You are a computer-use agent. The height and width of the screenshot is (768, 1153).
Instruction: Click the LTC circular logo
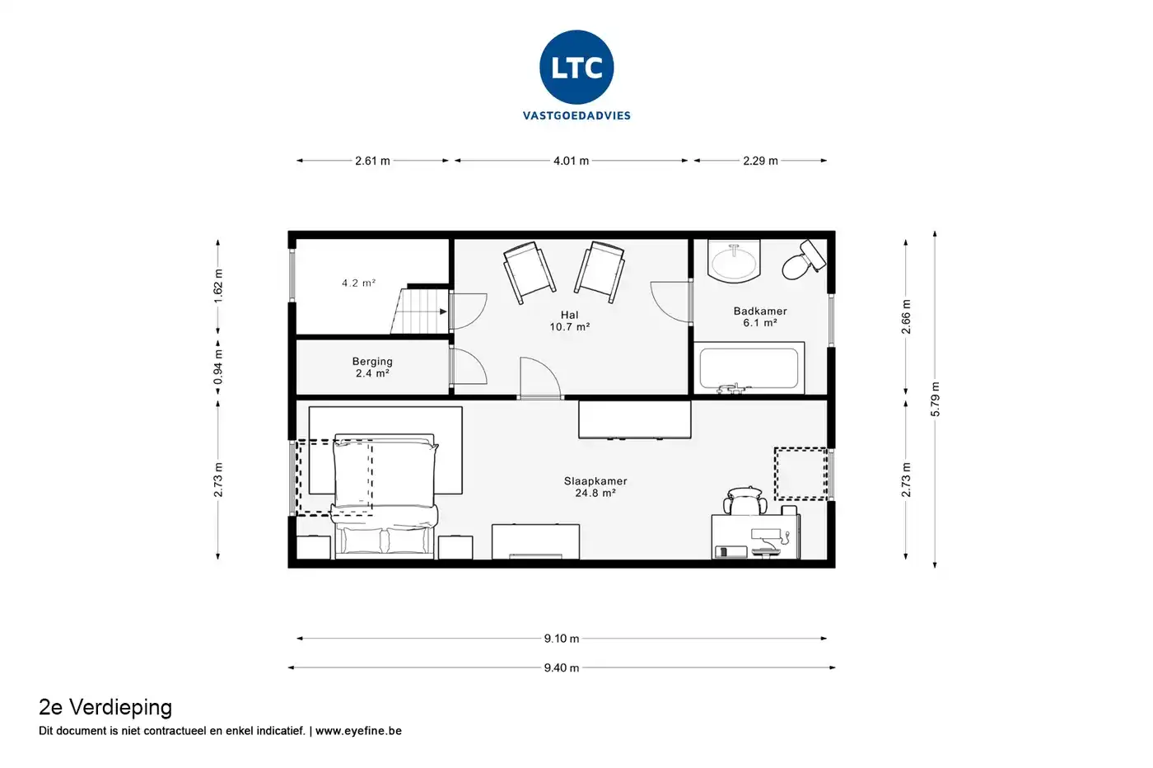pyautogui.click(x=576, y=67)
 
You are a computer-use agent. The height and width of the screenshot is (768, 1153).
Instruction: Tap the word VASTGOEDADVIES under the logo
pyautogui.click(x=576, y=115)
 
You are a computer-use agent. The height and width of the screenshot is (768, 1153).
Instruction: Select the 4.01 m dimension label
pyautogui.click(x=571, y=161)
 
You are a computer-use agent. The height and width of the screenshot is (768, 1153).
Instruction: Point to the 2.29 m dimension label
pyautogui.click(x=760, y=161)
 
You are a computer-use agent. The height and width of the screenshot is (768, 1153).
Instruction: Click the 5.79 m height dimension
pyautogui.click(x=936, y=399)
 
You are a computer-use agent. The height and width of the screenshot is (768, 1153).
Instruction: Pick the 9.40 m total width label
pyautogui.click(x=562, y=667)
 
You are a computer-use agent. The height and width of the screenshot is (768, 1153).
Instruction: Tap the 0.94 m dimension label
pyautogui.click(x=218, y=367)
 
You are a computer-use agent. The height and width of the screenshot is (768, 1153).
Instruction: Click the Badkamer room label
pyautogui.click(x=760, y=311)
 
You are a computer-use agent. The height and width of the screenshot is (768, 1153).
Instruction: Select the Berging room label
pyautogui.click(x=372, y=362)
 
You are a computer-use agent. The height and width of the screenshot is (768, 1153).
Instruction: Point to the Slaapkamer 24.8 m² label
pyautogui.click(x=595, y=487)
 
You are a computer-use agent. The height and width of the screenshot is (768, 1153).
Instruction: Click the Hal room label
pyautogui.click(x=569, y=315)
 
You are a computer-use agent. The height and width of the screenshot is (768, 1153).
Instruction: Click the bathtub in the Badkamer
pyautogui.click(x=749, y=368)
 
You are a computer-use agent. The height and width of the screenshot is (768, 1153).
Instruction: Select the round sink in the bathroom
pyautogui.click(x=734, y=260)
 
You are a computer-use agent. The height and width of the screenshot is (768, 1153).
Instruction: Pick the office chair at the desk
pyautogui.click(x=745, y=501)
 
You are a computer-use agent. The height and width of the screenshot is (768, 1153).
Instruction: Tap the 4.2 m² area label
pyautogui.click(x=359, y=283)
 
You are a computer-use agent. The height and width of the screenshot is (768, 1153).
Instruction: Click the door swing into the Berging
pyautogui.click(x=469, y=365)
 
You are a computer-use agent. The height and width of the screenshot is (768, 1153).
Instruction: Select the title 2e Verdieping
pyautogui.click(x=105, y=707)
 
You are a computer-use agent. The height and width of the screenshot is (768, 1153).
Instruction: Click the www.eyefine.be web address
pyautogui.click(x=358, y=730)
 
